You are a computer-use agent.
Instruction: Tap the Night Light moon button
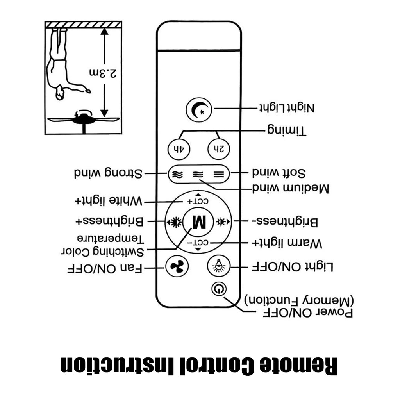199,110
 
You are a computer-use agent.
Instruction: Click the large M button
198,222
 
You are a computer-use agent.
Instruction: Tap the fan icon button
177,266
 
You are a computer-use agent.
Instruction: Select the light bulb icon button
219,266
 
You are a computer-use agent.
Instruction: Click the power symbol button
219,289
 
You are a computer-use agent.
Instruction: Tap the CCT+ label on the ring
198,201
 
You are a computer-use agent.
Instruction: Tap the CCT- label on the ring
198,243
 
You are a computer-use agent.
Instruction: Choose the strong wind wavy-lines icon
177,175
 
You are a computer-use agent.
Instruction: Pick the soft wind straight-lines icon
219,175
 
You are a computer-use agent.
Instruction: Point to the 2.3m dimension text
103,73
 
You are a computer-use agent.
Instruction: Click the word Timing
286,130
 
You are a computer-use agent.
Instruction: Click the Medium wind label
291,189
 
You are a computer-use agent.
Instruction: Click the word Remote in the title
298,366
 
